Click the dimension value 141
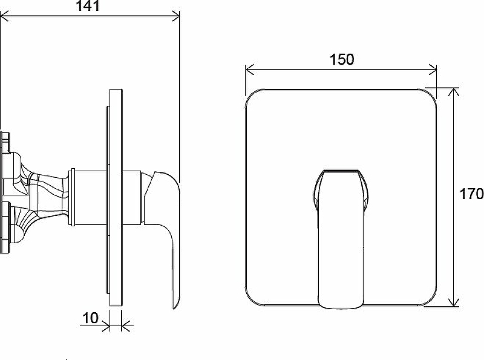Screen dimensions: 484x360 (88, 5)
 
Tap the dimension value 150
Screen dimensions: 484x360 (342, 59)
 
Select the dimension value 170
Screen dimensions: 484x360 (471, 194)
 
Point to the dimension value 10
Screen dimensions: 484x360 (90, 318)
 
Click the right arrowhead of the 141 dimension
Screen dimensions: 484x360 (175, 16)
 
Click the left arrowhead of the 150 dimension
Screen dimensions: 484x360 (250, 70)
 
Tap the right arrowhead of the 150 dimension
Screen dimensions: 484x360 (433, 70)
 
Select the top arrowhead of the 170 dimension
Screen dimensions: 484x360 (453, 92)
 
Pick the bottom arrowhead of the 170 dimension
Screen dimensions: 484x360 (453, 303)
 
